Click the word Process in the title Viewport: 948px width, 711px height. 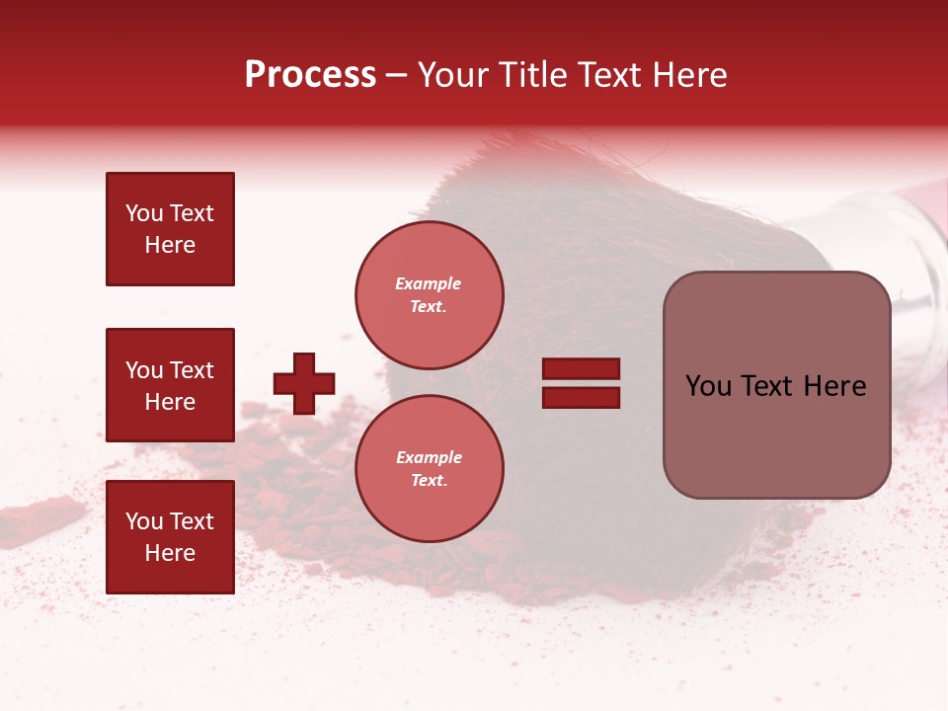point(310,75)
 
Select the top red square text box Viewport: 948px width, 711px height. point(170,229)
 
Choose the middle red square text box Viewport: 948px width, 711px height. point(170,385)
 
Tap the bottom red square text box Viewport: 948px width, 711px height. point(170,537)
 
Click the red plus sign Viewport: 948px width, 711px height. point(304,383)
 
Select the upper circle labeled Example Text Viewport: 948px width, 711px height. point(429,294)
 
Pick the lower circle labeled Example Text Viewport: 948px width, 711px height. point(429,468)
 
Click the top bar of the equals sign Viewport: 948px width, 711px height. point(581,369)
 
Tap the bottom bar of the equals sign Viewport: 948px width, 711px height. point(581,397)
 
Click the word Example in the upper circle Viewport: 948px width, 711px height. point(429,283)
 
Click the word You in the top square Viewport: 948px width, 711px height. point(143,213)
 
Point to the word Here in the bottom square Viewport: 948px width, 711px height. point(170,553)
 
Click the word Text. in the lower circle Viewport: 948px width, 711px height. point(429,480)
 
